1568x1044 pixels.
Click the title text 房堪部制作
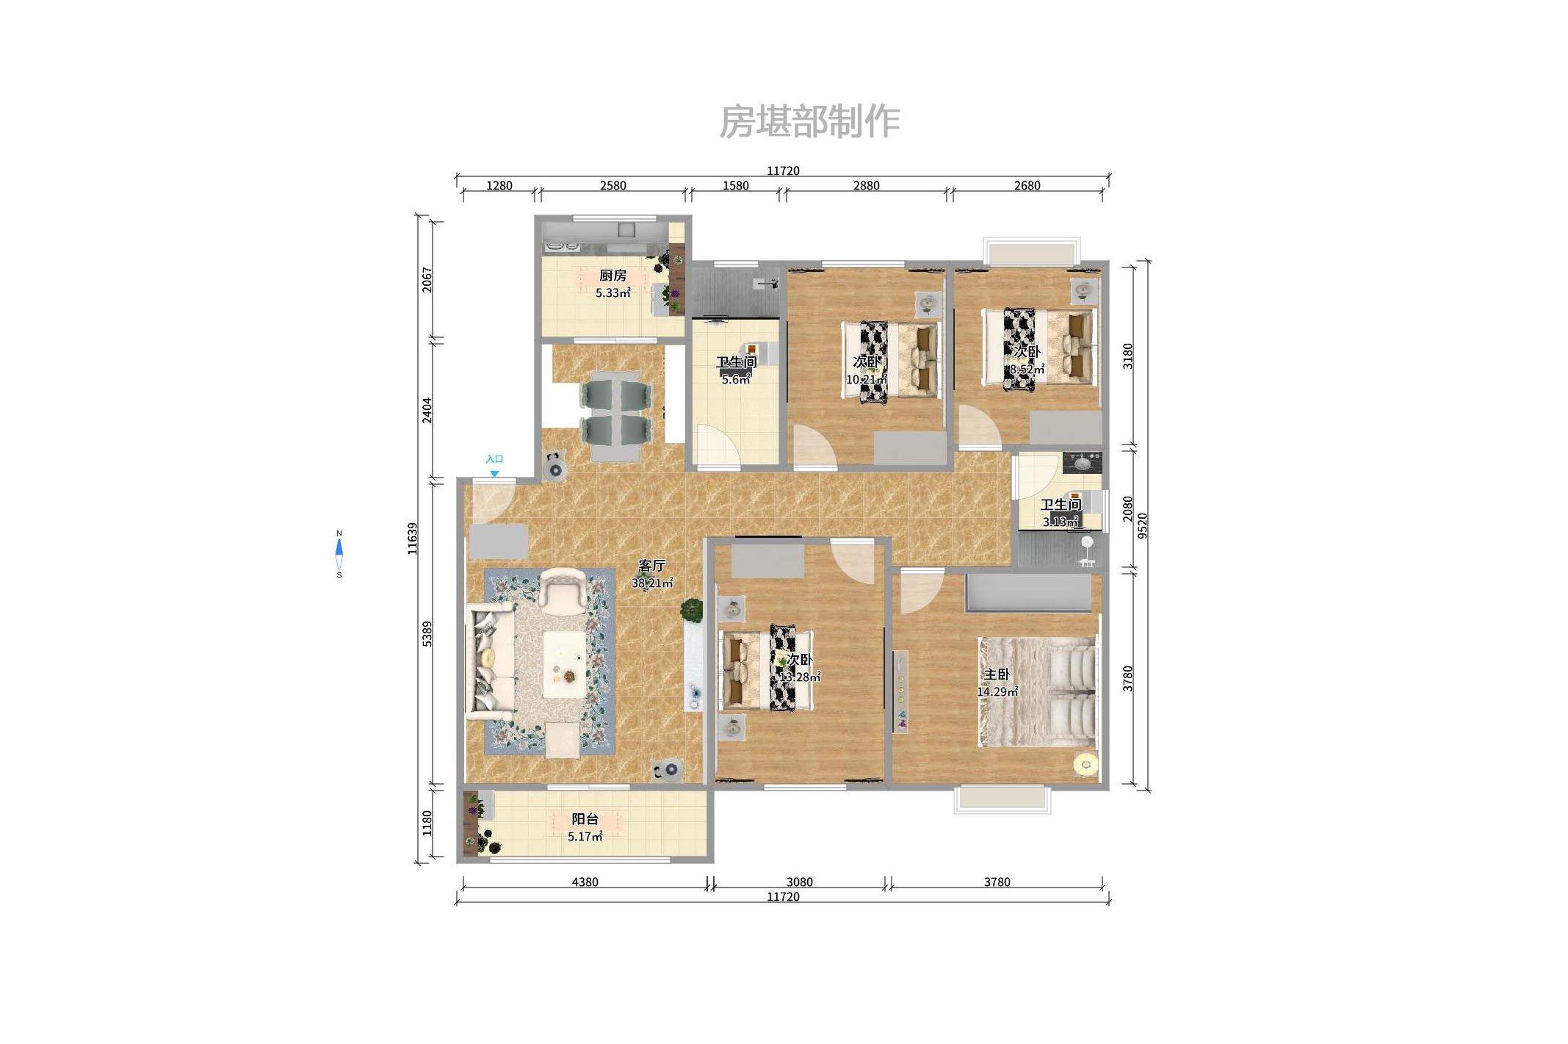click(x=809, y=122)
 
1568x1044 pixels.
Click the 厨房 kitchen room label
click(x=613, y=276)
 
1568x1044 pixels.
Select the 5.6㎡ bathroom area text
click(x=735, y=380)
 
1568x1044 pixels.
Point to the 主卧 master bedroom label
click(x=997, y=674)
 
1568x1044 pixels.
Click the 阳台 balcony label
click(x=585, y=819)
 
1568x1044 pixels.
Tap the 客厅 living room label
click(x=651, y=566)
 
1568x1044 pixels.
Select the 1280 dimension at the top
click(x=499, y=186)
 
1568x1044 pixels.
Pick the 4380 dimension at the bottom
click(x=585, y=882)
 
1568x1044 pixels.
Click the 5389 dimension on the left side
click(x=427, y=633)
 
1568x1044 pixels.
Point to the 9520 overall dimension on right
click(x=1142, y=525)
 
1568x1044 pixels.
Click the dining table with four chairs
click(x=615, y=415)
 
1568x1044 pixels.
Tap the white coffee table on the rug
click(x=564, y=665)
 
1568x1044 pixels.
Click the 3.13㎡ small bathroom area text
click(x=1060, y=522)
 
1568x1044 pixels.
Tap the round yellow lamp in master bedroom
click(x=1086, y=765)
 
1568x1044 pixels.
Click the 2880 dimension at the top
click(x=866, y=186)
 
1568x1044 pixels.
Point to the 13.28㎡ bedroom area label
click(x=800, y=677)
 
